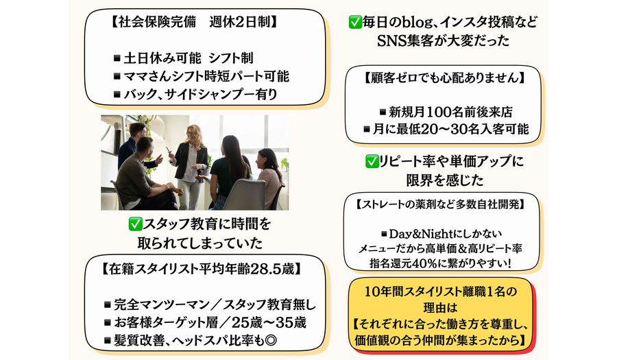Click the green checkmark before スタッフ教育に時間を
pos(135,224)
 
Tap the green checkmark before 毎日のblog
pos(355,23)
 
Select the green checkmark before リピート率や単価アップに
pos(372,161)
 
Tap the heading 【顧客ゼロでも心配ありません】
pos(443,77)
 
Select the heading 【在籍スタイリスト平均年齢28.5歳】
pos(201,269)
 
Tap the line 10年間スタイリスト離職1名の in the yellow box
pos(440,291)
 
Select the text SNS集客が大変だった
pos(443,41)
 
